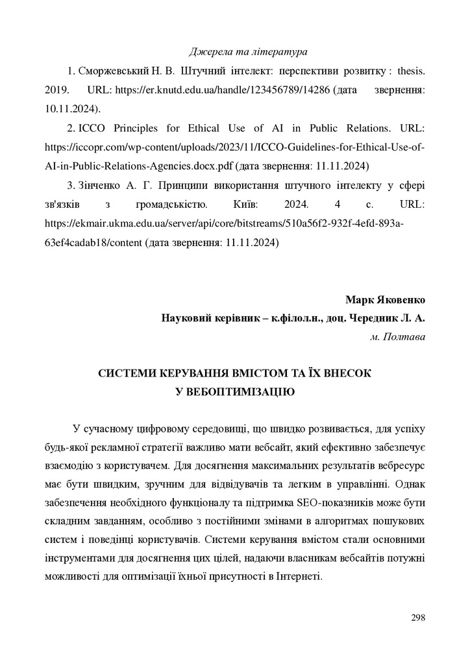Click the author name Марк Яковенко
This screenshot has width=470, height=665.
coord(386,301)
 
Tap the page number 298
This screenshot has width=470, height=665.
coord(418,617)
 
